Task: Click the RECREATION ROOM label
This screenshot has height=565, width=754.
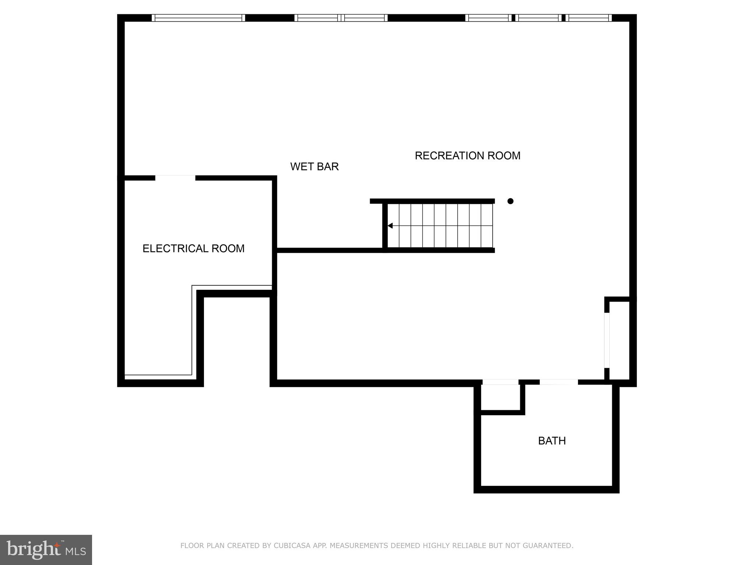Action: [x=467, y=156]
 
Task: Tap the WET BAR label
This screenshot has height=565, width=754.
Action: [x=314, y=167]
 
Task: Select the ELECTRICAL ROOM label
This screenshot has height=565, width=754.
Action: [x=193, y=249]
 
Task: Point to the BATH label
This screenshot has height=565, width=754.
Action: [x=552, y=441]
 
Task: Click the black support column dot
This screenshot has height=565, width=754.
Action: [x=510, y=201]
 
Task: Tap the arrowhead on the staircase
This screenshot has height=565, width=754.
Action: [x=390, y=225]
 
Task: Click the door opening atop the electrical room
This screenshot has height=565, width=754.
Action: [x=175, y=178]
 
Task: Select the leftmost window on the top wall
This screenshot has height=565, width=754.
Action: [x=198, y=18]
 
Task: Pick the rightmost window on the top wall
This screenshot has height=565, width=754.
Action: [x=588, y=18]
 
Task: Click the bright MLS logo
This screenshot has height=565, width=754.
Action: [x=46, y=550]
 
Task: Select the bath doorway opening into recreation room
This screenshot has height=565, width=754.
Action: [x=559, y=382]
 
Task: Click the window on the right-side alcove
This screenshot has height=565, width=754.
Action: [x=607, y=340]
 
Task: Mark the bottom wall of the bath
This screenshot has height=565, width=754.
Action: [x=546, y=489]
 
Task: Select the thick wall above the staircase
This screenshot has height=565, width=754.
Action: [x=432, y=201]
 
